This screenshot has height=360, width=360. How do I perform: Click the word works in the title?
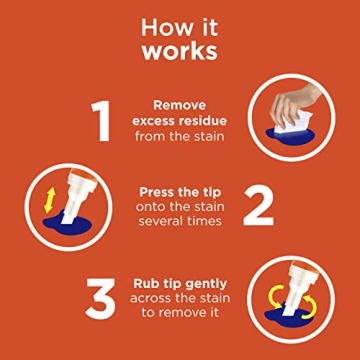[x=180, y=49]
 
